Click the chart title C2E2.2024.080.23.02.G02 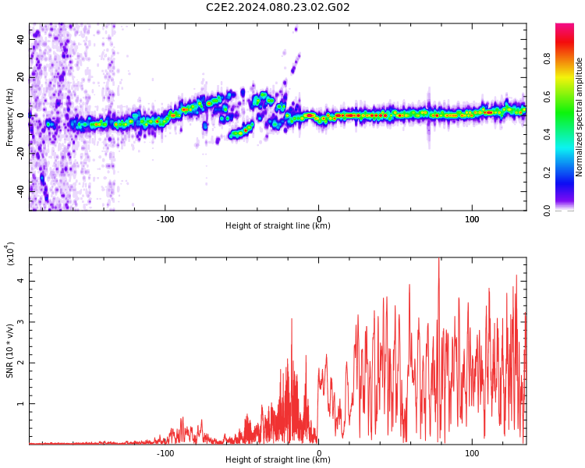point(278,7)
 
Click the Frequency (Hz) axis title point(9,117)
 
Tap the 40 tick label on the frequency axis point(21,39)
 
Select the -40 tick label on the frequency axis point(21,192)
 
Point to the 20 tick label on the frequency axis point(21,77)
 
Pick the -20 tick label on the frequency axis point(21,154)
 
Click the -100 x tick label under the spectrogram point(165,219)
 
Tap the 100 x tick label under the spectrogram point(472,219)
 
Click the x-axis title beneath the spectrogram point(278,225)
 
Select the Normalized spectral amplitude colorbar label point(579,117)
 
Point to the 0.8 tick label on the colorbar point(547,58)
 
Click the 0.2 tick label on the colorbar point(547,173)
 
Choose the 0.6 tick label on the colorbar point(547,97)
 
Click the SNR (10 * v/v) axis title point(9,351)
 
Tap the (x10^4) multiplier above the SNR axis point(10,253)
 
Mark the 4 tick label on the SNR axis point(21,281)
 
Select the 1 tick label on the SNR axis point(21,403)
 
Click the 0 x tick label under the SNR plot point(318,453)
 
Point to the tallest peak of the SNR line point(438,258)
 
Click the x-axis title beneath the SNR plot point(278,459)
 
